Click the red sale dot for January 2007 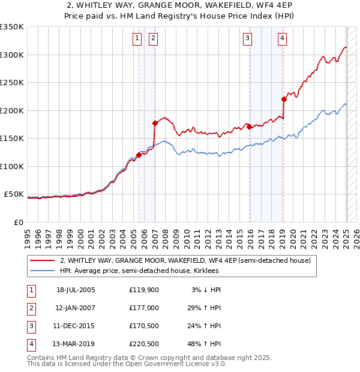coord(155,123)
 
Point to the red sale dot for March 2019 coord(284,99)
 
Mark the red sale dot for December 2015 coord(249,127)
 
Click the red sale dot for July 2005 coord(139,155)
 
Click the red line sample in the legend coord(43,260)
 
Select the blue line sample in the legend coord(43,271)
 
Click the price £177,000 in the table coord(143,307)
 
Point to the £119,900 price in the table coord(143,289)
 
